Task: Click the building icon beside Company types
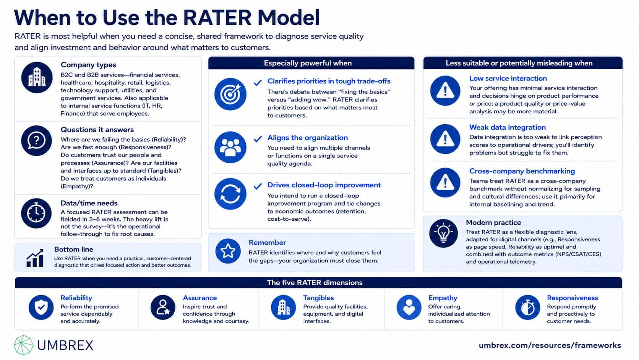tap(37, 77)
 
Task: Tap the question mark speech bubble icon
tap(37, 140)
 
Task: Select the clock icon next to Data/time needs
tap(36, 213)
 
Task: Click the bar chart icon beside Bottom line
tap(35, 258)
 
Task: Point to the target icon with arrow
tap(230, 94)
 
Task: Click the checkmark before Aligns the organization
tap(258, 139)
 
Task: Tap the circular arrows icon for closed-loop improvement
tap(230, 194)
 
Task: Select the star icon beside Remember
tap(228, 251)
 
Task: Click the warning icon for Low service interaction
tap(445, 91)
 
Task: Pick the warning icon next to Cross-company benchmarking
tap(445, 182)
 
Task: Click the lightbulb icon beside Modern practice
tap(444, 233)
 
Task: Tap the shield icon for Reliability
tap(41, 307)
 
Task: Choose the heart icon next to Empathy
tap(409, 307)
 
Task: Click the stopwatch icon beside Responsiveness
tap(528, 307)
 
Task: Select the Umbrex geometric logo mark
tap(23, 345)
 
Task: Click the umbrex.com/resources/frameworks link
tap(550, 345)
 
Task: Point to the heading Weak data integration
tap(508, 127)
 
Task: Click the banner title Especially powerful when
tap(308, 63)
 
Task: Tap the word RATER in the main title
tap(217, 18)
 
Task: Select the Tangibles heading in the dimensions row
tap(318, 298)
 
